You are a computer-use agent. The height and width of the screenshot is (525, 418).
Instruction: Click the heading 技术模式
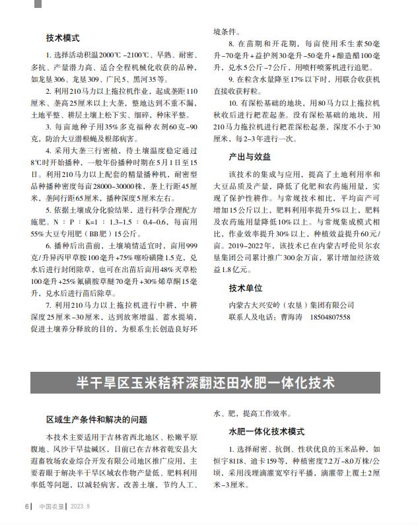click(x=63, y=38)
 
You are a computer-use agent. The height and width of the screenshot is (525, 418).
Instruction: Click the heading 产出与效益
click(x=249, y=157)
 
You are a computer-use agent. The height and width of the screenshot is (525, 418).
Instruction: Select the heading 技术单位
click(x=245, y=289)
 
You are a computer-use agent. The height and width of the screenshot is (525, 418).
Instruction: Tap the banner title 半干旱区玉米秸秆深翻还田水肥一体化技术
click(x=205, y=383)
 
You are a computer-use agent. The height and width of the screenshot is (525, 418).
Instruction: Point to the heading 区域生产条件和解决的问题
click(x=96, y=419)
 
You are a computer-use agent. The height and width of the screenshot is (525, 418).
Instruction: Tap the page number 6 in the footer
click(x=26, y=507)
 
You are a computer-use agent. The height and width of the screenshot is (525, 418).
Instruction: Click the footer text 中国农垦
click(x=50, y=507)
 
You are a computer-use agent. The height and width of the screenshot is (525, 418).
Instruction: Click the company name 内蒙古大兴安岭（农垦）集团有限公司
click(x=291, y=305)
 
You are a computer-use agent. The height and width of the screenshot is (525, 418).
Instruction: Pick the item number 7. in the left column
click(x=50, y=305)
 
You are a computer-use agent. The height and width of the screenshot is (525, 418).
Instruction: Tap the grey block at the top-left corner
click(x=38, y=3)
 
